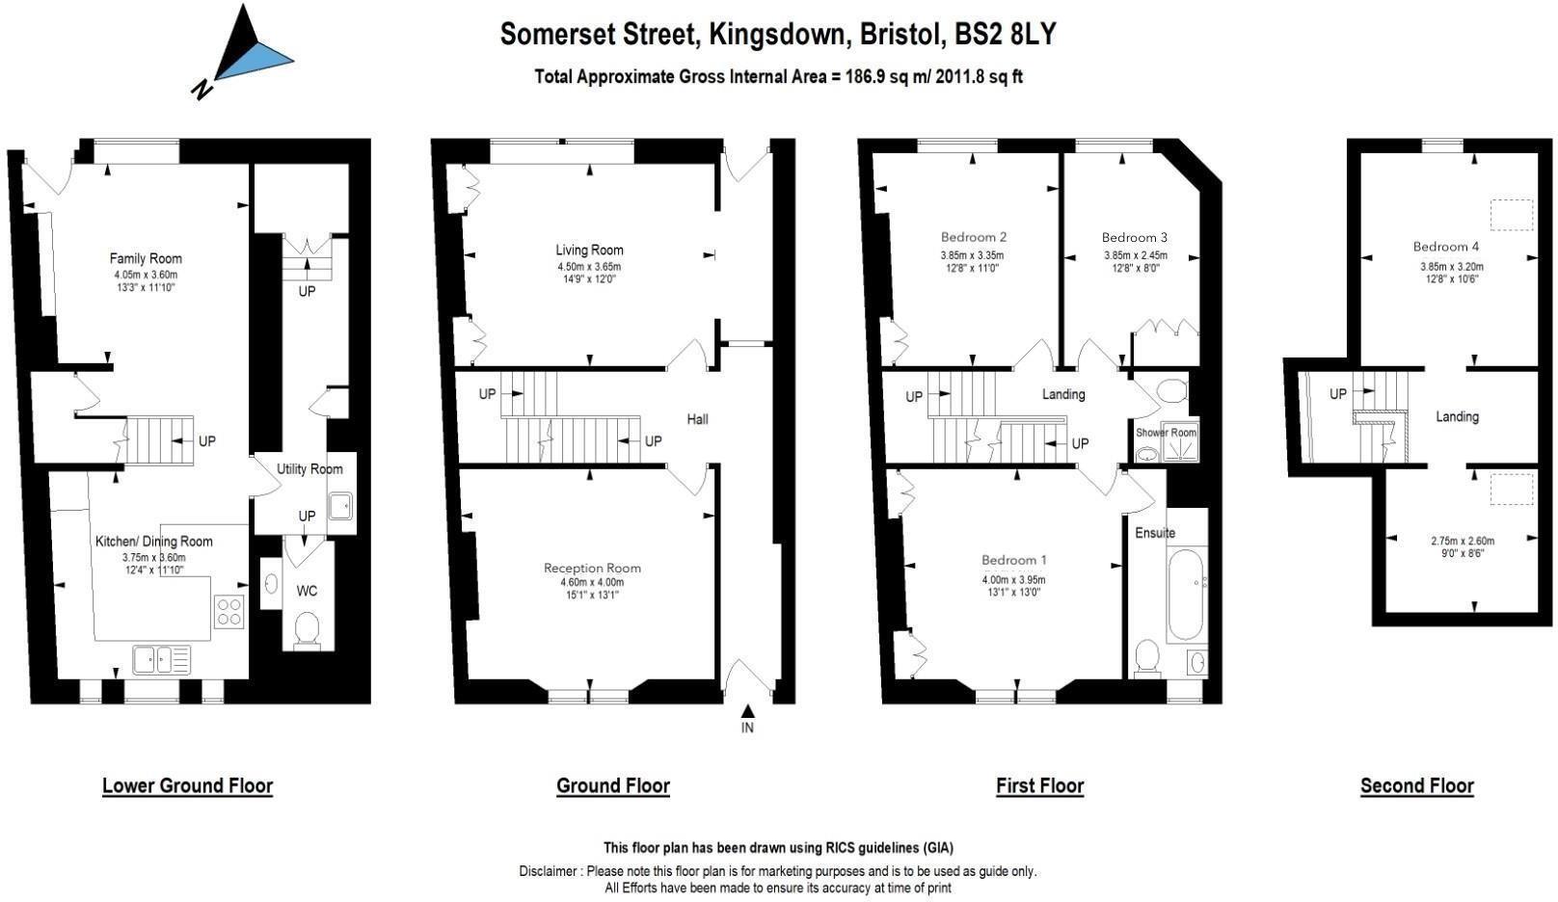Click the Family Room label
point(146,258)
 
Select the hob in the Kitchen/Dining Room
point(229,612)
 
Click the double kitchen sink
point(161,659)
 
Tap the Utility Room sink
point(340,506)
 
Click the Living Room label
point(589,250)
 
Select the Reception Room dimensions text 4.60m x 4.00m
point(592,582)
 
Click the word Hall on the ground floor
point(697,419)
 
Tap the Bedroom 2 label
point(974,237)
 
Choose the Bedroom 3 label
point(1135,237)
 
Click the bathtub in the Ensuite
point(1186,596)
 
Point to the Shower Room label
point(1166,433)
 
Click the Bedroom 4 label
point(1446,247)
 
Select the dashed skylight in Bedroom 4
point(1512,215)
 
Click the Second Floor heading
point(1416,786)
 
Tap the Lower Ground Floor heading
point(188,786)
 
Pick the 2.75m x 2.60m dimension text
point(1462,541)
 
